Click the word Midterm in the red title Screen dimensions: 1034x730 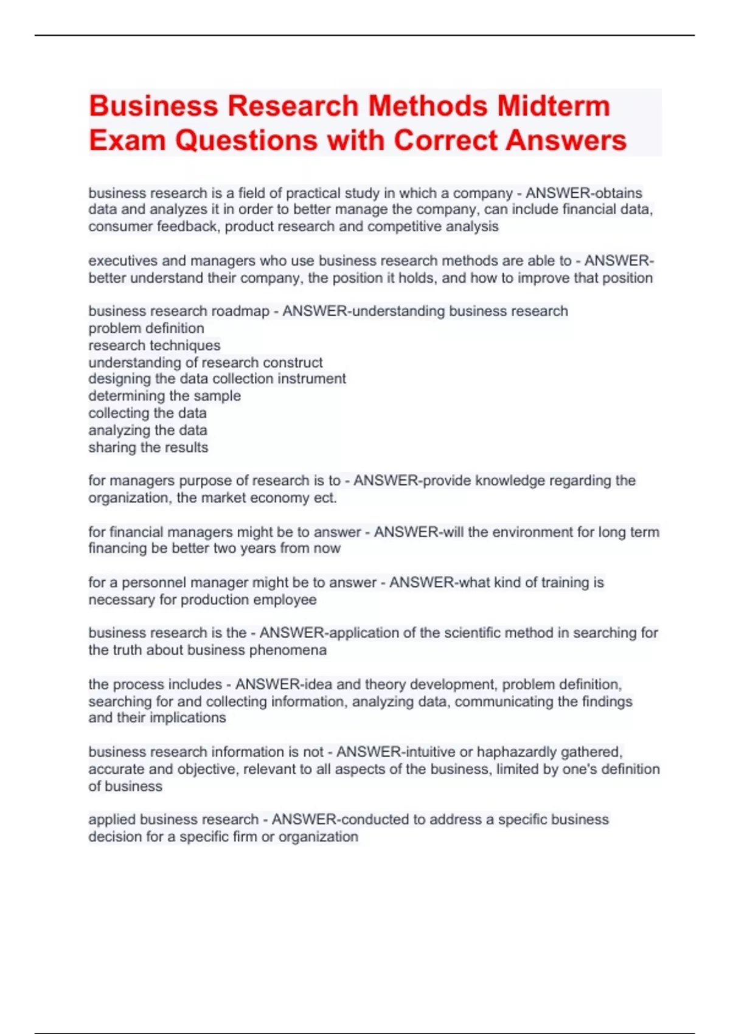[553, 106]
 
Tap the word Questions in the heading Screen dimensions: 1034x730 [246, 140]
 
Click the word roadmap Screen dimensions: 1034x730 [240, 311]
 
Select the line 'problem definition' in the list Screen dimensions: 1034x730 [146, 328]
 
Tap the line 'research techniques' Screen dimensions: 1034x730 [155, 345]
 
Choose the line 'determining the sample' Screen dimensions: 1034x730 [164, 396]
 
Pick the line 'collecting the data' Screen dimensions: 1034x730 [147, 413]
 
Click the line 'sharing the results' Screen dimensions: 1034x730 [148, 448]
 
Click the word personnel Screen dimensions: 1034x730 [155, 583]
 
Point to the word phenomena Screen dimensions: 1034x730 [290, 650]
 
